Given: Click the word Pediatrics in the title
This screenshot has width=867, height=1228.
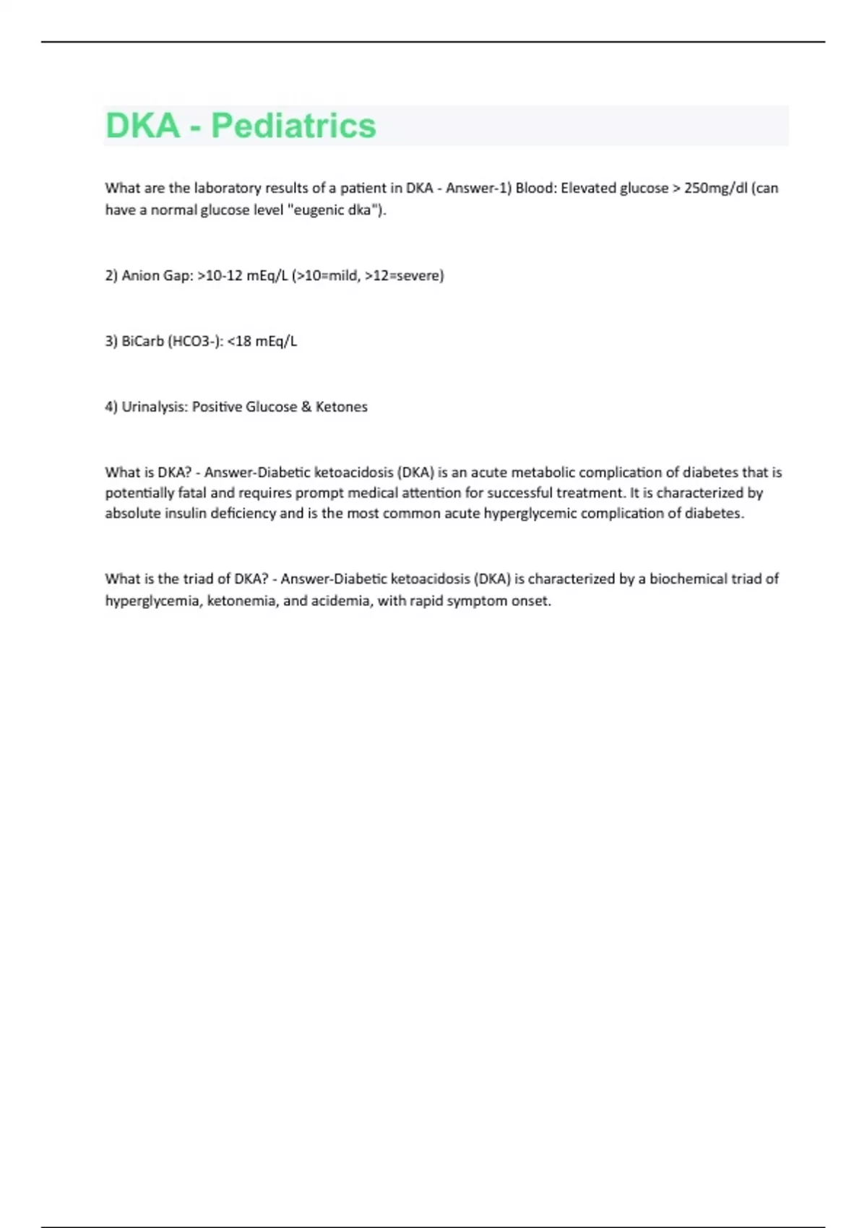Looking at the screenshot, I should click(293, 126).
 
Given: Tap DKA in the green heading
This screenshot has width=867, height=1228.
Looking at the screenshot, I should click(142, 126).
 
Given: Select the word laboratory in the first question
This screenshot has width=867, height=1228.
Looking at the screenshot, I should click(227, 189).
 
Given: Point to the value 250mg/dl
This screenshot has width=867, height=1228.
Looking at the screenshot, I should click(715, 189).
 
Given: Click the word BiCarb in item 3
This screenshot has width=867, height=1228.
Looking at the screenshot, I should click(142, 341).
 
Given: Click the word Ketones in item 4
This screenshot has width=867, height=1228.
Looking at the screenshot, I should click(342, 407).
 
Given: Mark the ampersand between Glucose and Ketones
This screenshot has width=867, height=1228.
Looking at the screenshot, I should click(306, 407).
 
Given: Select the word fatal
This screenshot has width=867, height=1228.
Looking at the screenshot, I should click(191, 493).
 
